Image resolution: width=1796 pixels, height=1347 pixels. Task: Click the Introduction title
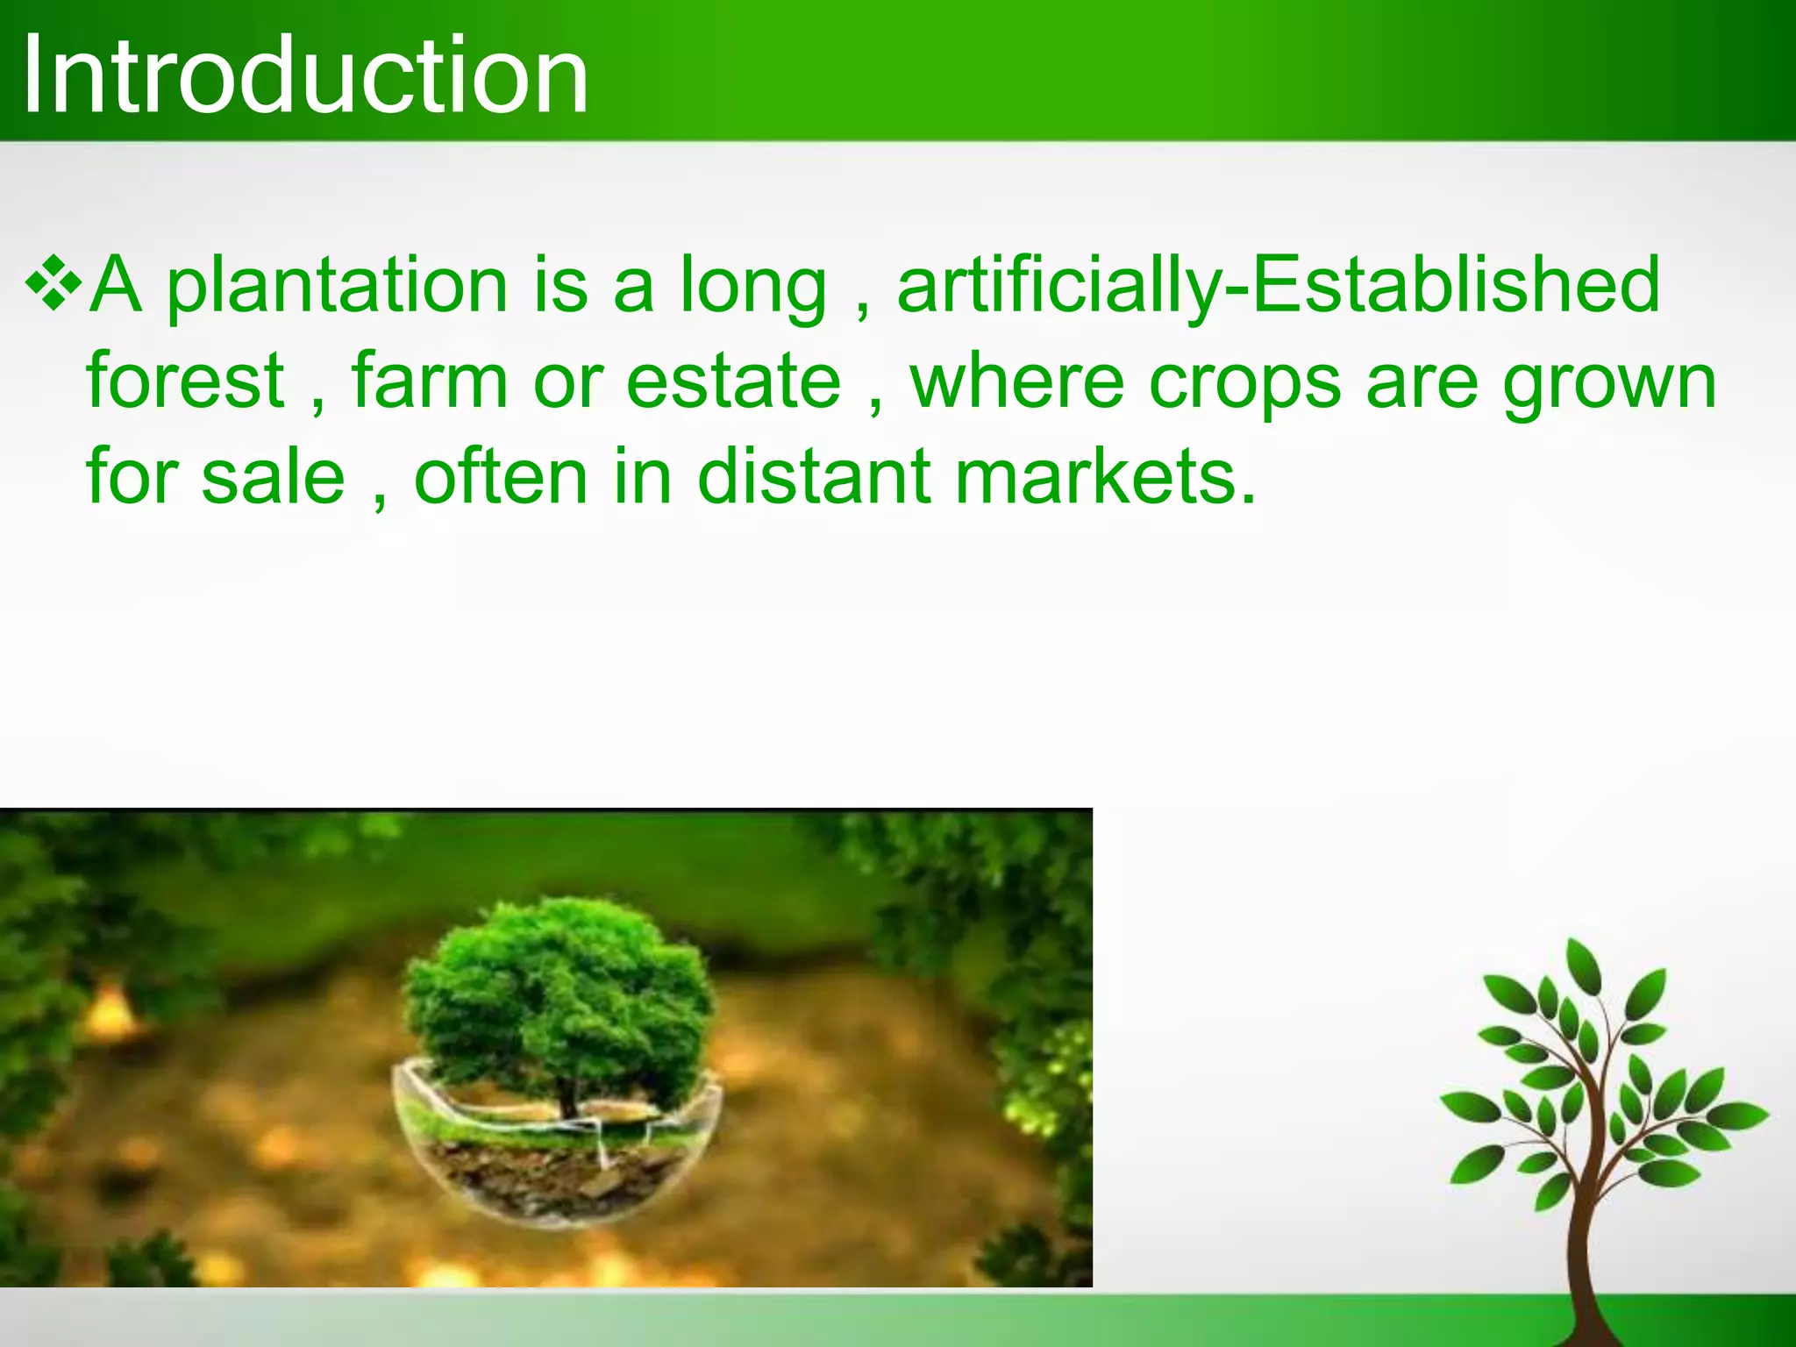tap(305, 75)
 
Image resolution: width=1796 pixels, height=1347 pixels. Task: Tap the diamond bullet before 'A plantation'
tap(53, 283)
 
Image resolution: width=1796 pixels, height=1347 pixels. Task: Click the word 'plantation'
tap(337, 286)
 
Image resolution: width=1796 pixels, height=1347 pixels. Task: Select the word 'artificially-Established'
tap(1278, 286)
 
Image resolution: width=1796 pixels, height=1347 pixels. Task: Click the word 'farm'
tap(429, 381)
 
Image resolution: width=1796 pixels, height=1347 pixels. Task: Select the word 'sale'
tap(273, 478)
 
